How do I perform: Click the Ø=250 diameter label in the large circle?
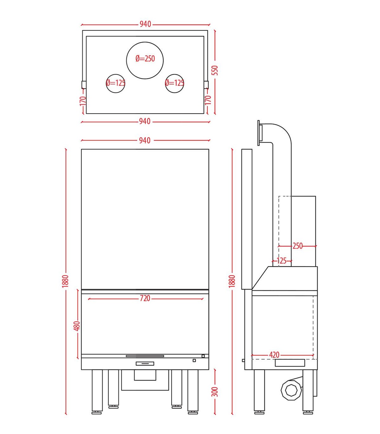tap(145, 59)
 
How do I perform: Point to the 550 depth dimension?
tap(215, 70)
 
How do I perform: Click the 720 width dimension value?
tap(145, 299)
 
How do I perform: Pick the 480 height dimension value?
tap(77, 326)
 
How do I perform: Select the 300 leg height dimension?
tap(215, 392)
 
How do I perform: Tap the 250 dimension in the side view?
tap(297, 246)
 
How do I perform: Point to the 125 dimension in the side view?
tap(282, 261)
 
